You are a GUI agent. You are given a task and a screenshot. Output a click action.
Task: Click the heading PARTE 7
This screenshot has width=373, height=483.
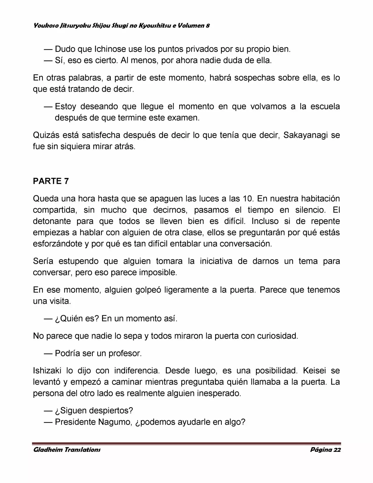point(51,181)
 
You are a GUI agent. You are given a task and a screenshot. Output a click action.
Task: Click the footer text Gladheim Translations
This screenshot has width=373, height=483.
point(67,449)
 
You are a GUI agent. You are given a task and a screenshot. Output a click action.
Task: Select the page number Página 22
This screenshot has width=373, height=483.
point(326,449)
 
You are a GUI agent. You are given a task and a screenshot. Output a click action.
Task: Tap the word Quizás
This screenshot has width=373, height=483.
point(47,135)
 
